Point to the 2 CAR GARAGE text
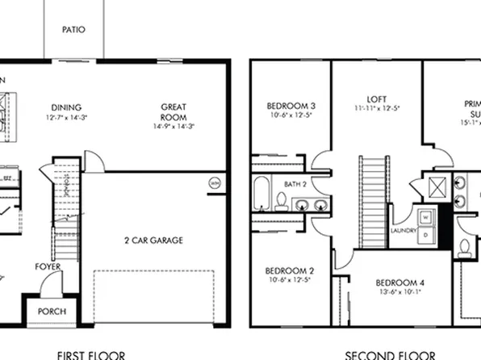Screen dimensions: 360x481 click(x=153, y=240)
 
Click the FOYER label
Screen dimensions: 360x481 click(x=46, y=266)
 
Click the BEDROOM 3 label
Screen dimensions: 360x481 click(x=291, y=107)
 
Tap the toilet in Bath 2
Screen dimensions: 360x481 click(x=281, y=199)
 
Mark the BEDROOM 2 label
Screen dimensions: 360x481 click(x=290, y=271)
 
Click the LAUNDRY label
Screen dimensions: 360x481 click(x=404, y=230)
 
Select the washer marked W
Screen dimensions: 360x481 click(x=425, y=216)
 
